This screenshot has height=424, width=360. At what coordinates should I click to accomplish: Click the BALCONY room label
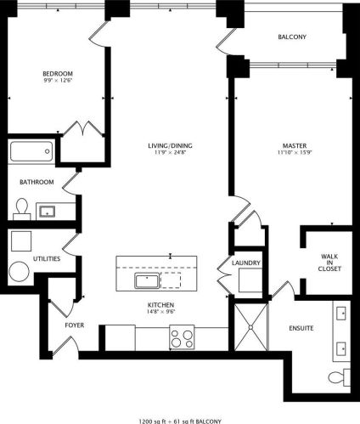(x=292, y=37)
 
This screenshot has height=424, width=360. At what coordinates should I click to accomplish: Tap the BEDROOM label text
(x=58, y=74)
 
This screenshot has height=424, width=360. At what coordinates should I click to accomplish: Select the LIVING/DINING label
(x=170, y=145)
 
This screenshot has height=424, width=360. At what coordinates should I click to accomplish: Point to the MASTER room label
(x=295, y=145)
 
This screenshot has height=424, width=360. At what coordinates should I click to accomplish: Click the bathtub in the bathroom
(x=31, y=151)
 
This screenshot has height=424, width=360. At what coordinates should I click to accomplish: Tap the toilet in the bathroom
(x=22, y=209)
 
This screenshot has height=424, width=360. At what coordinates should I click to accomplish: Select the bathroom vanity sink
(x=48, y=212)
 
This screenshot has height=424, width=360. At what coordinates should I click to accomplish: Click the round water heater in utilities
(x=20, y=272)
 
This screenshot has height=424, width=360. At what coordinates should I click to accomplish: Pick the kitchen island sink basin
(x=147, y=280)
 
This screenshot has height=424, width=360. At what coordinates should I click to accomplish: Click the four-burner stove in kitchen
(x=182, y=337)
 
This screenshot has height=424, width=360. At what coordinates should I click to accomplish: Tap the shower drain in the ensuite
(x=250, y=327)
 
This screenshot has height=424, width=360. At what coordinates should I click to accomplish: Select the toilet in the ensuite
(x=340, y=377)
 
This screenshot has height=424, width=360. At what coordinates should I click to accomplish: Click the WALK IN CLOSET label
(x=329, y=263)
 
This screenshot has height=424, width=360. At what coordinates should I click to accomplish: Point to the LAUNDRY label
(x=246, y=263)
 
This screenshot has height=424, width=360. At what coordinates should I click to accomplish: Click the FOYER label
(x=75, y=325)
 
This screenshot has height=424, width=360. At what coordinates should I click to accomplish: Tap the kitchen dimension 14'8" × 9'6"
(x=160, y=312)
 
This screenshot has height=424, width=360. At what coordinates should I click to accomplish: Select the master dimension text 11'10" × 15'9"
(x=295, y=152)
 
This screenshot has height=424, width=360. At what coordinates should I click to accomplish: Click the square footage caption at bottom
(x=180, y=421)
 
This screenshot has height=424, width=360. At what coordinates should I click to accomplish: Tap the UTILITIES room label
(x=47, y=258)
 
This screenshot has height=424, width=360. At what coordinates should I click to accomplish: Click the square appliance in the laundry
(x=250, y=280)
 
